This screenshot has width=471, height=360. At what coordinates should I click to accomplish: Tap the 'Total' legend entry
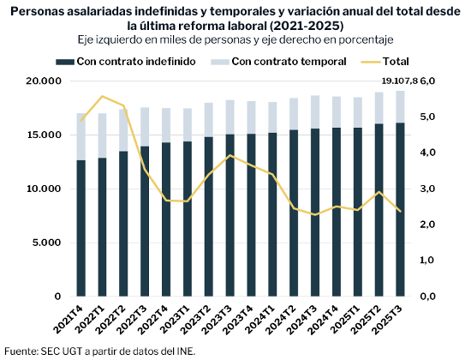pos(386,62)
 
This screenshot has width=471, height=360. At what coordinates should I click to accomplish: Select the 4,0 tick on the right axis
pos(428,153)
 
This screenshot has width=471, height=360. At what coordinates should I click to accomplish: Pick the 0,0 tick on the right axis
pos(428,297)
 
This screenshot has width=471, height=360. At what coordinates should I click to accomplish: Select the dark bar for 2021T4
pos(81,228)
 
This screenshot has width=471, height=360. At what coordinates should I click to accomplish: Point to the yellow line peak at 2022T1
pos(103,96)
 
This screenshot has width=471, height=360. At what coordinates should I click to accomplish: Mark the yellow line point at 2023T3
pos(230,155)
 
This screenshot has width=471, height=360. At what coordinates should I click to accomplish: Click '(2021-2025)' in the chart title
pos(289,25)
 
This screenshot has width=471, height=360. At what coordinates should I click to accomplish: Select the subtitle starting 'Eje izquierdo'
pos(234,40)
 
